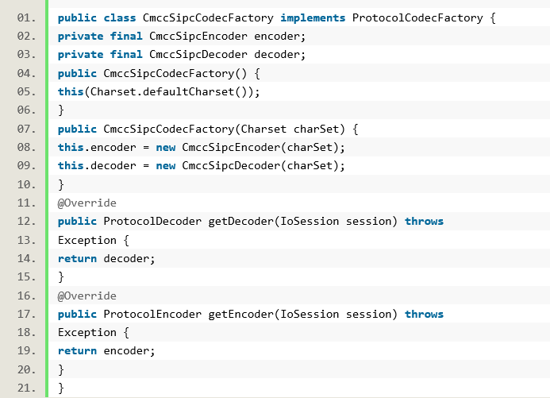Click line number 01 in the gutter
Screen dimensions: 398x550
(x=26, y=17)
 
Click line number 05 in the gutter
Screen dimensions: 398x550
(x=26, y=91)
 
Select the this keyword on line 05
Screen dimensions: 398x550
(x=71, y=91)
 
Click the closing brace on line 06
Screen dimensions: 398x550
(x=61, y=110)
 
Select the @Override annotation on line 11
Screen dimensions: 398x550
(x=87, y=203)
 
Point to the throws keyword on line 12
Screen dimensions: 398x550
(x=424, y=221)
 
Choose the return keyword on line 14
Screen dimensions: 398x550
(x=77, y=258)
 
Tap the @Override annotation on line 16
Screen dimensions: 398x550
(x=87, y=296)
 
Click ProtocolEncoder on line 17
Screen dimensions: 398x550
(x=152, y=314)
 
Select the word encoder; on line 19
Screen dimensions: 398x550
(x=129, y=351)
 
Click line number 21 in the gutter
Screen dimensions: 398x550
(x=26, y=388)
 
